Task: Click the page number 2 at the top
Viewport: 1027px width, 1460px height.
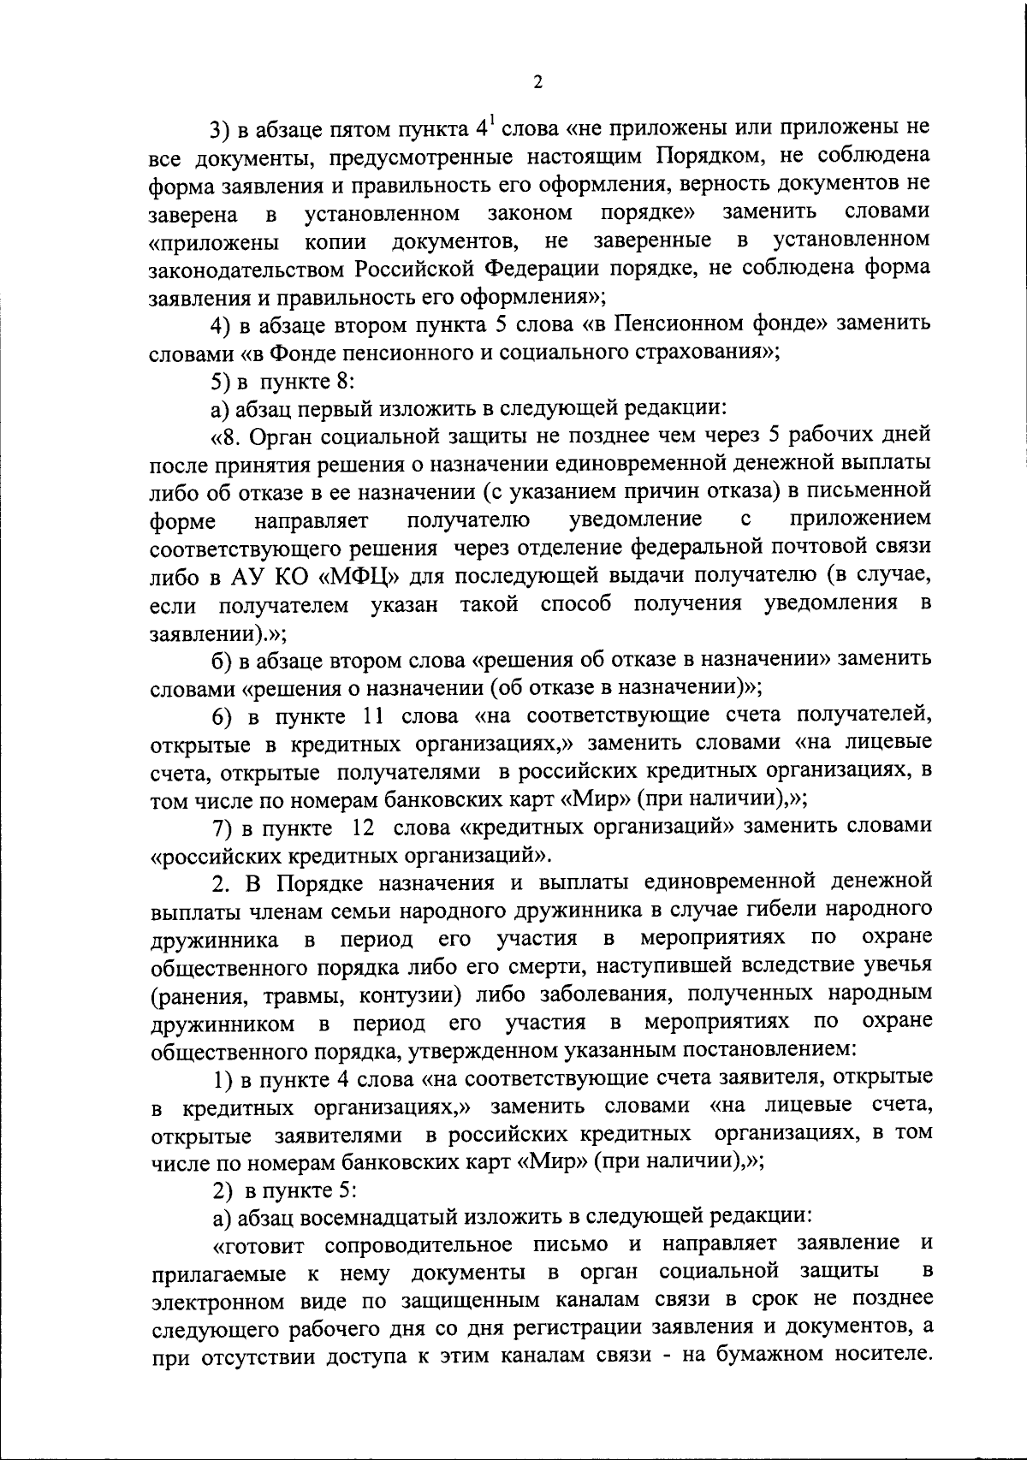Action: coord(537,82)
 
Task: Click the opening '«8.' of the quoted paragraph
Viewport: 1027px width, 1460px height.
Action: coord(228,436)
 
